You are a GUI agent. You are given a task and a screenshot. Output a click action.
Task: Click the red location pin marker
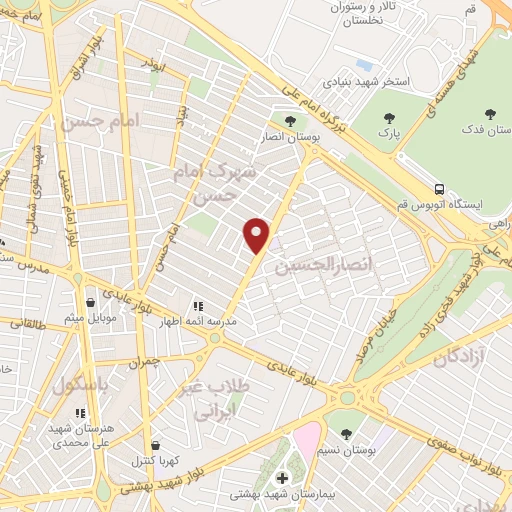[257, 234]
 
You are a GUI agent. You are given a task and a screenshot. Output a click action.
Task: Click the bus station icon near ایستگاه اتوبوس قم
[440, 188]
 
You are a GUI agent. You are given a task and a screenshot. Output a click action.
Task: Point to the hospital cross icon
[282, 478]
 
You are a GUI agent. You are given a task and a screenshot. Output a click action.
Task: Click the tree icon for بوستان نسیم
[346, 434]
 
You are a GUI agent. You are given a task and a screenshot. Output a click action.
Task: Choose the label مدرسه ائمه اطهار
[197, 322]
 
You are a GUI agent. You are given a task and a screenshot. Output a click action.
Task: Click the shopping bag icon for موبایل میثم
[91, 302]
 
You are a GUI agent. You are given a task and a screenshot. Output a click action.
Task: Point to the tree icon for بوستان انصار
[290, 122]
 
